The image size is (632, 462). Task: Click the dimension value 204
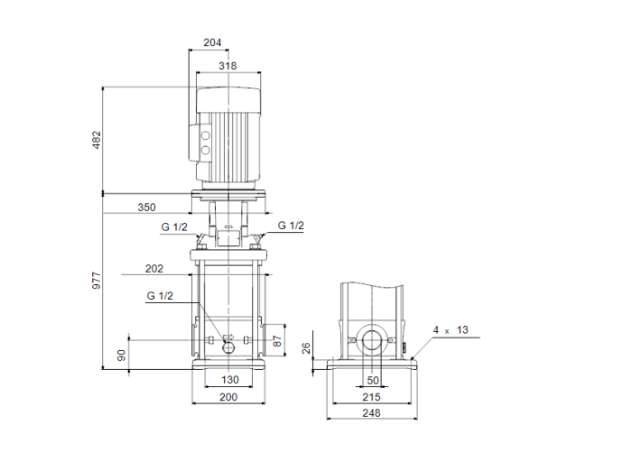212,42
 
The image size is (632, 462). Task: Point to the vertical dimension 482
97,140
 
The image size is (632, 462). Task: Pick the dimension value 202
153,268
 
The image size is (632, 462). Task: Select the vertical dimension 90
122,355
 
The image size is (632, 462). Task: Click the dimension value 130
229,381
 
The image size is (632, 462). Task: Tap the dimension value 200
229,397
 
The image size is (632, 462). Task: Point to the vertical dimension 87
278,340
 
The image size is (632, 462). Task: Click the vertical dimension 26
305,347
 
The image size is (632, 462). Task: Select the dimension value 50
373,381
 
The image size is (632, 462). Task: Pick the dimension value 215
372,397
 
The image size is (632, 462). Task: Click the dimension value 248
372,413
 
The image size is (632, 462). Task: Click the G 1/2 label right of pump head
291,226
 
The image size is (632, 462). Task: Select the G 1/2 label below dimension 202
159,296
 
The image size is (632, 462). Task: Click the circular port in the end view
373,340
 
